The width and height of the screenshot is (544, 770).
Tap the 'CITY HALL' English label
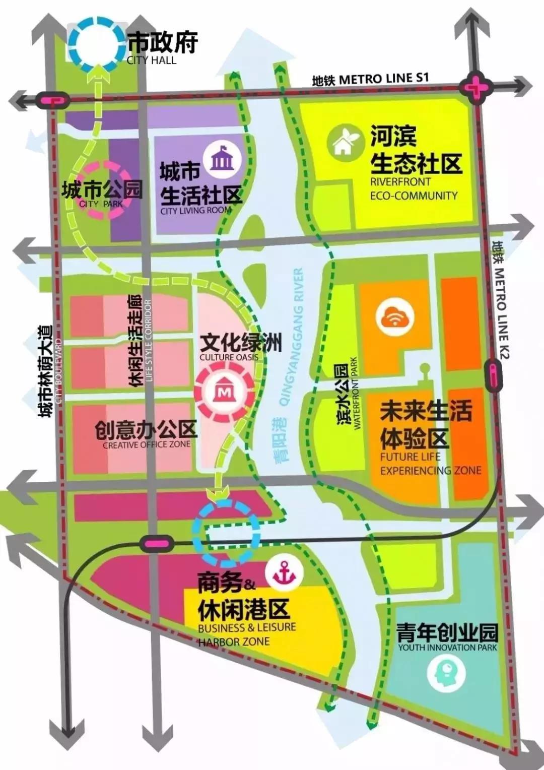click(x=152, y=60)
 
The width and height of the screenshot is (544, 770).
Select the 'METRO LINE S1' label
click(x=383, y=79)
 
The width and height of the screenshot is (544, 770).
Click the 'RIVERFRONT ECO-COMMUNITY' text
click(x=414, y=188)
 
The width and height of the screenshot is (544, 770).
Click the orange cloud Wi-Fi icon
click(x=395, y=317)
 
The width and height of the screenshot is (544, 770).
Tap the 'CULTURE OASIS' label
click(x=229, y=357)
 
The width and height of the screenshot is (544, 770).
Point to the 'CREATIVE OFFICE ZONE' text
click(x=147, y=444)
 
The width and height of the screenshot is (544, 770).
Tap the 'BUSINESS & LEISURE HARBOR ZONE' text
click(x=247, y=634)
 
